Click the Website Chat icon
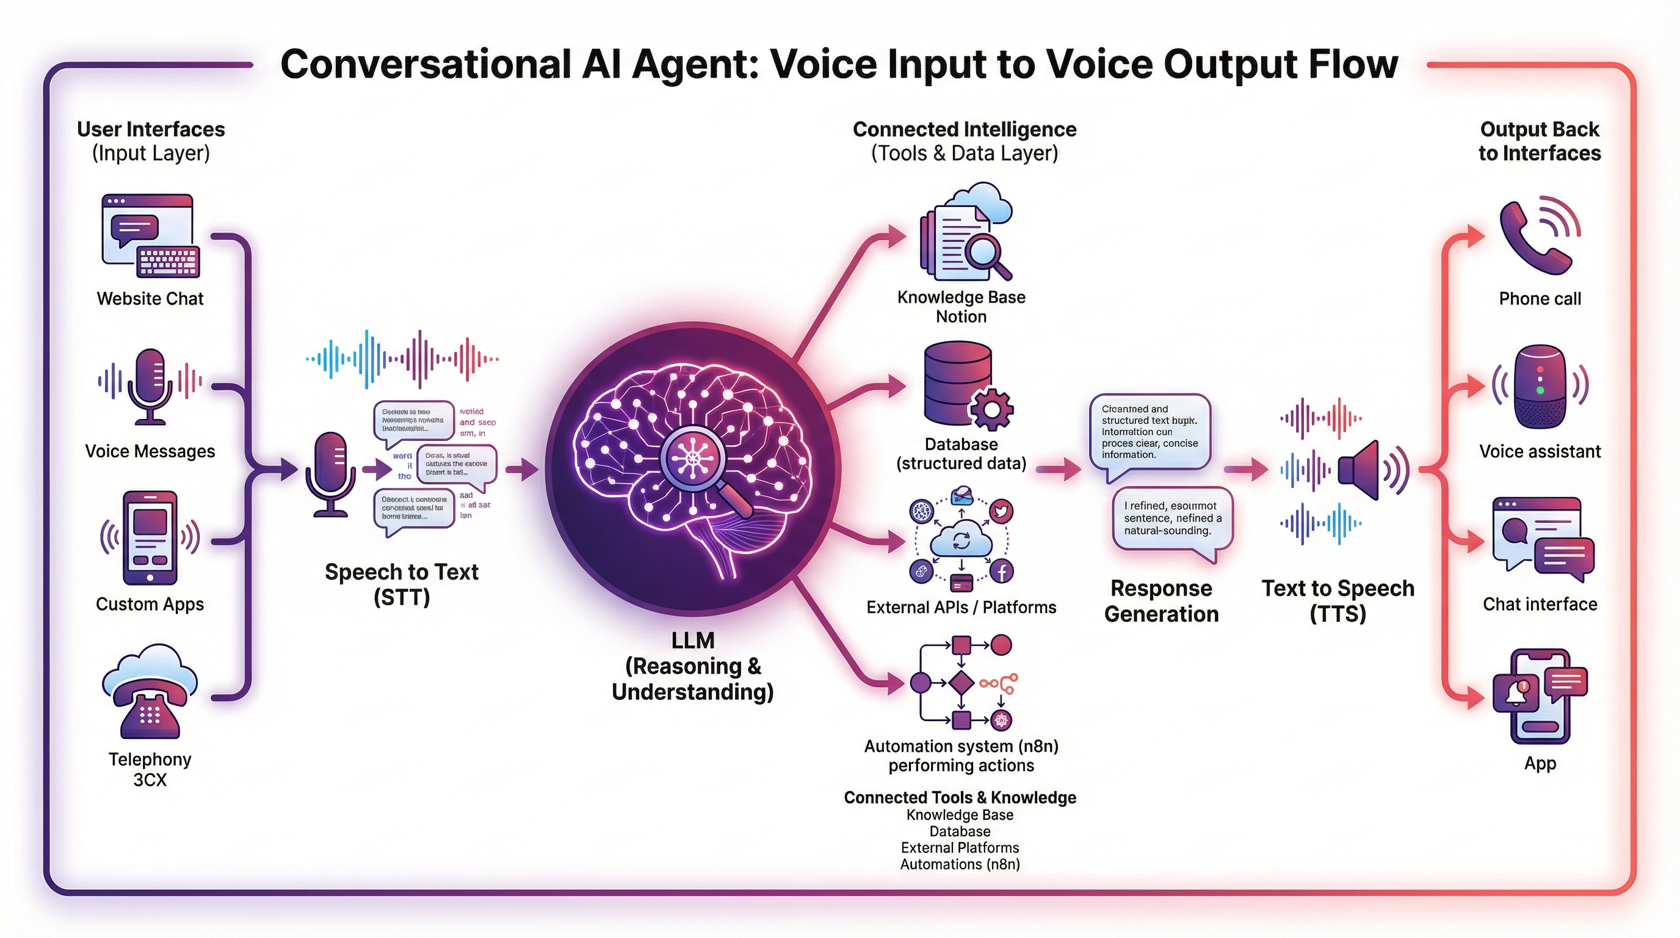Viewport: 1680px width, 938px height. click(150, 236)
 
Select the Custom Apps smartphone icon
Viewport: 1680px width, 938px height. click(150, 538)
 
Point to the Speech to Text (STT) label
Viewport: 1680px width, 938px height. click(402, 584)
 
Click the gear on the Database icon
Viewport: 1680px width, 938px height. click(991, 409)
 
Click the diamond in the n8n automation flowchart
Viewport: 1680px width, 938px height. click(961, 683)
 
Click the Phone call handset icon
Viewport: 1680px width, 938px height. click(1533, 238)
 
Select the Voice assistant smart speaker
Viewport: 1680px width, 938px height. click(1540, 386)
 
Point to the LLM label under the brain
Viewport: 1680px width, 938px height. click(693, 641)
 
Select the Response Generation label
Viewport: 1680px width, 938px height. click(1161, 601)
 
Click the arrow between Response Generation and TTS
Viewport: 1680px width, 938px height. click(1245, 469)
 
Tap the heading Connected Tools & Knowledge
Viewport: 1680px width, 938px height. click(960, 797)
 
